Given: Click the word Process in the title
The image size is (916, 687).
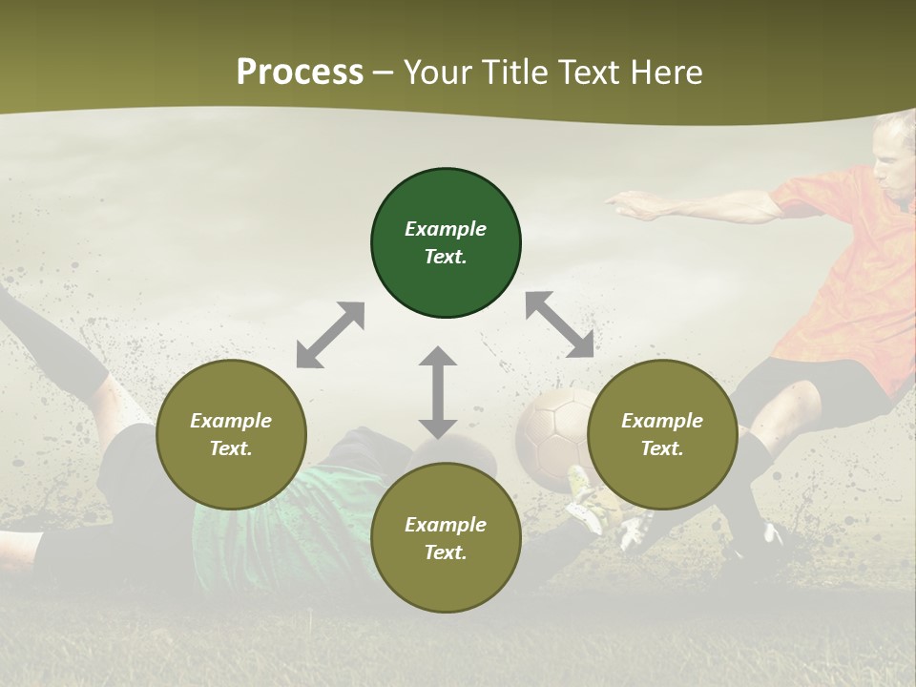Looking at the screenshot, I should [x=300, y=72].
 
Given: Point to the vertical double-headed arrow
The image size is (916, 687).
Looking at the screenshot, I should [x=438, y=392].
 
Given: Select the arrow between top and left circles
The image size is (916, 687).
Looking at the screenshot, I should [x=330, y=335].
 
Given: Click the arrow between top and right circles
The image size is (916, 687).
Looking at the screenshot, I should [x=559, y=325].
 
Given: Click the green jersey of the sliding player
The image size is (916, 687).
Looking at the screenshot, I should [x=286, y=515].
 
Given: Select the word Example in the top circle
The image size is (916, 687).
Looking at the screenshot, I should [x=446, y=229].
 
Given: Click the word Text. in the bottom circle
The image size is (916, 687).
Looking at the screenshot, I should [x=446, y=552].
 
